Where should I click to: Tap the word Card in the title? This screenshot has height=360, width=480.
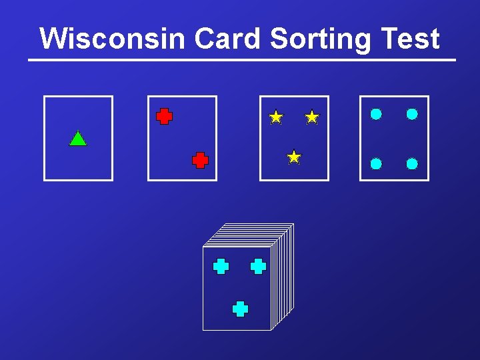[x=229, y=39]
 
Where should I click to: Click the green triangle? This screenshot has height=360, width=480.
[x=78, y=139]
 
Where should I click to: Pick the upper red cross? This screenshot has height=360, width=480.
[x=164, y=117]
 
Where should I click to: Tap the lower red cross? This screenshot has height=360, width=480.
[x=200, y=160]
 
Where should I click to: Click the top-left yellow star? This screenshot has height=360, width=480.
[x=276, y=117]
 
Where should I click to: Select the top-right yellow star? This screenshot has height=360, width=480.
[x=311, y=117]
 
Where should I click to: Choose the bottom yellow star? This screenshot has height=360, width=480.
[x=294, y=157]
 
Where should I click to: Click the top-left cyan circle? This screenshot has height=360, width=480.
[x=376, y=114]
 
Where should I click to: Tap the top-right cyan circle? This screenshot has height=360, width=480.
[x=412, y=114]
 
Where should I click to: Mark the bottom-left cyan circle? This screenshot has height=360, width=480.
[x=376, y=163]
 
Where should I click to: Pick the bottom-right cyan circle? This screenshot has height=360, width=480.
[x=412, y=163]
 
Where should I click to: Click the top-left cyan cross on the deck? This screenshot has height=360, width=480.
[x=221, y=267]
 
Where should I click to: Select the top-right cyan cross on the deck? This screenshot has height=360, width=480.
[x=258, y=267]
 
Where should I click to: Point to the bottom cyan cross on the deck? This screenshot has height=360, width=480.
[x=240, y=309]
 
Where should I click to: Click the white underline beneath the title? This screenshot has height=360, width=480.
[x=241, y=60]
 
